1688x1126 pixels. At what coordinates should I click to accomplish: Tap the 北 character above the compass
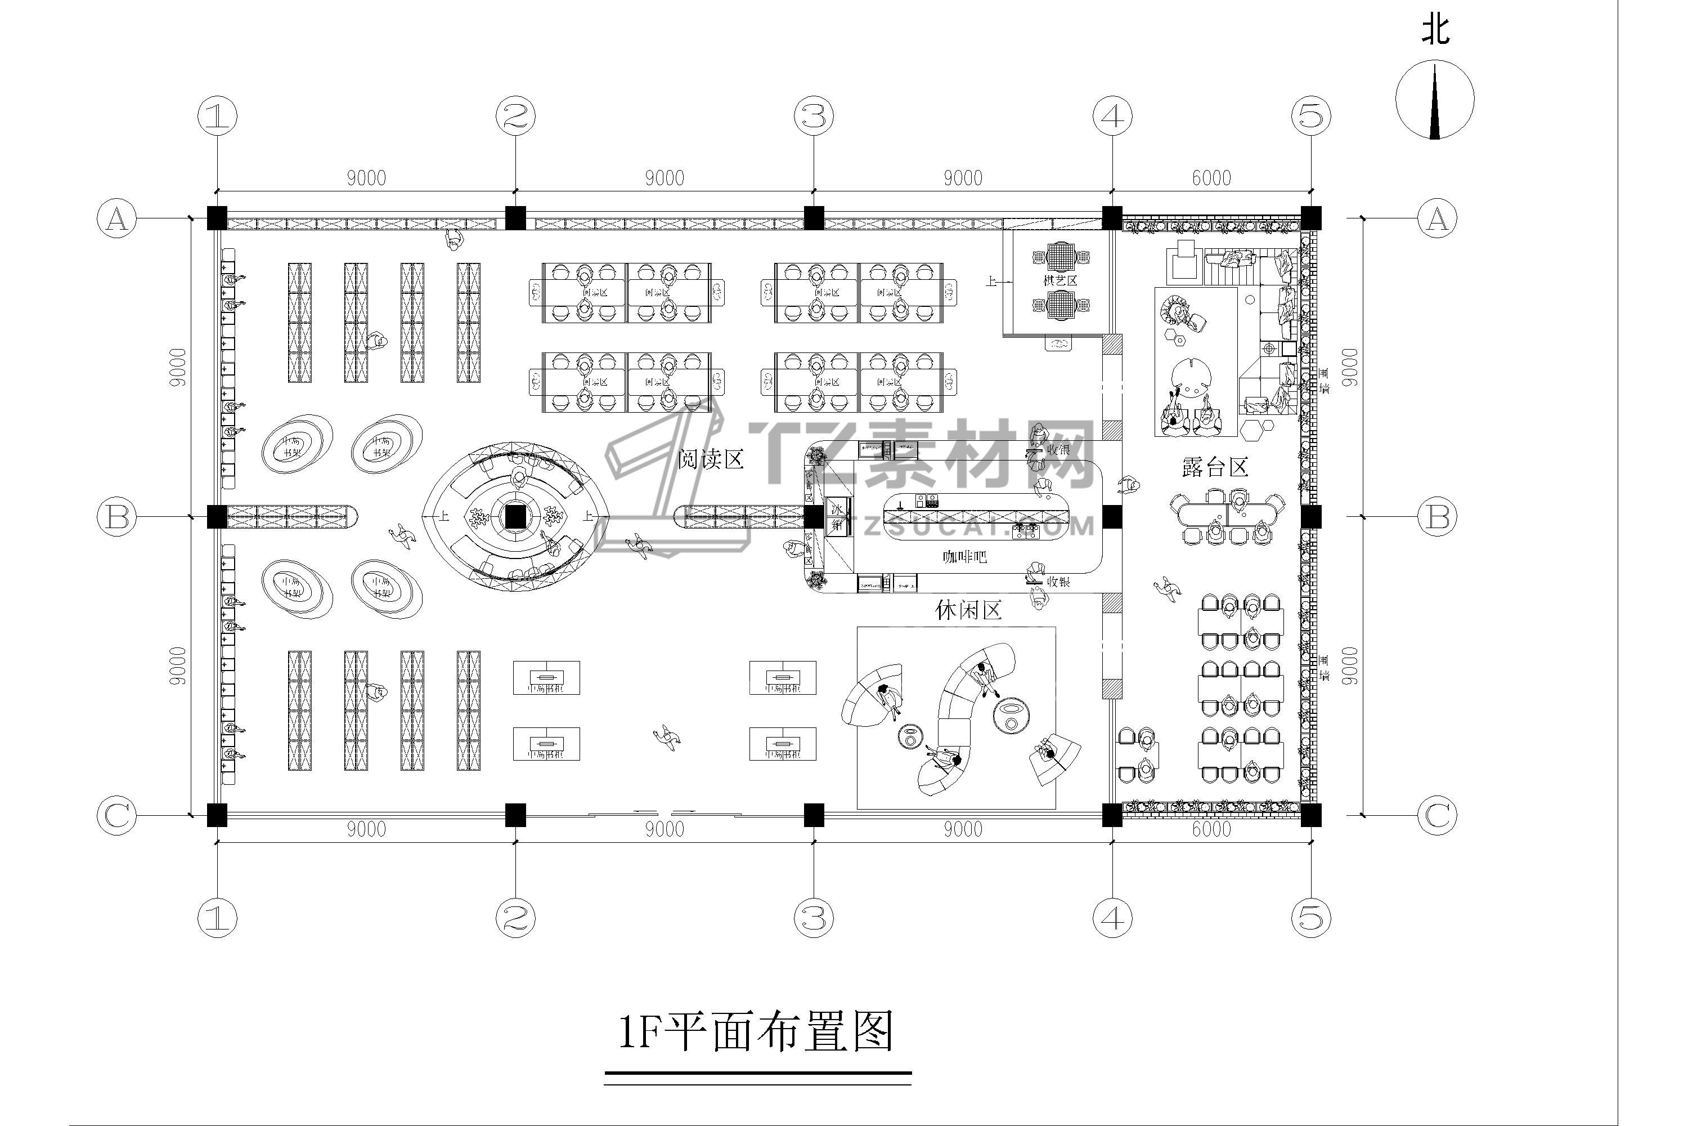(x=1435, y=30)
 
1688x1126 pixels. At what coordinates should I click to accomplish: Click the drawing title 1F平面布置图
(x=756, y=1032)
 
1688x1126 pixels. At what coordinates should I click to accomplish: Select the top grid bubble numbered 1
(x=217, y=115)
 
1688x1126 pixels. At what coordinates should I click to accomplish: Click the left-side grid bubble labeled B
(x=117, y=517)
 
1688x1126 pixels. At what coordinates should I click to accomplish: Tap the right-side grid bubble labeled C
(x=1438, y=815)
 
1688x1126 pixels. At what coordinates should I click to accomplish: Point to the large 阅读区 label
(x=711, y=459)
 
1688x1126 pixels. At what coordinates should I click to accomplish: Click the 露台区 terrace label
(x=1215, y=467)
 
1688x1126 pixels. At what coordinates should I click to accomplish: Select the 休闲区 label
(x=968, y=610)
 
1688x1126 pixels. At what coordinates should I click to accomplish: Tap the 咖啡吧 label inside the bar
(x=964, y=557)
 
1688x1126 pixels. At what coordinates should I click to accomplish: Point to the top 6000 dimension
(x=1211, y=177)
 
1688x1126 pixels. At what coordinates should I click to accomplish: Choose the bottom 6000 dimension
(x=1211, y=829)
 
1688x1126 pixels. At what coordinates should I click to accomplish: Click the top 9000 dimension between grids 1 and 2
(x=366, y=177)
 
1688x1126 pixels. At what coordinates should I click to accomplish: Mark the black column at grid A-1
(x=217, y=217)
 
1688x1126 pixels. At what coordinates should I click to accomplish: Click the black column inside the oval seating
(x=515, y=516)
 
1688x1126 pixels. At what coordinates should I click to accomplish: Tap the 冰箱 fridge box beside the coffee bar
(x=837, y=516)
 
